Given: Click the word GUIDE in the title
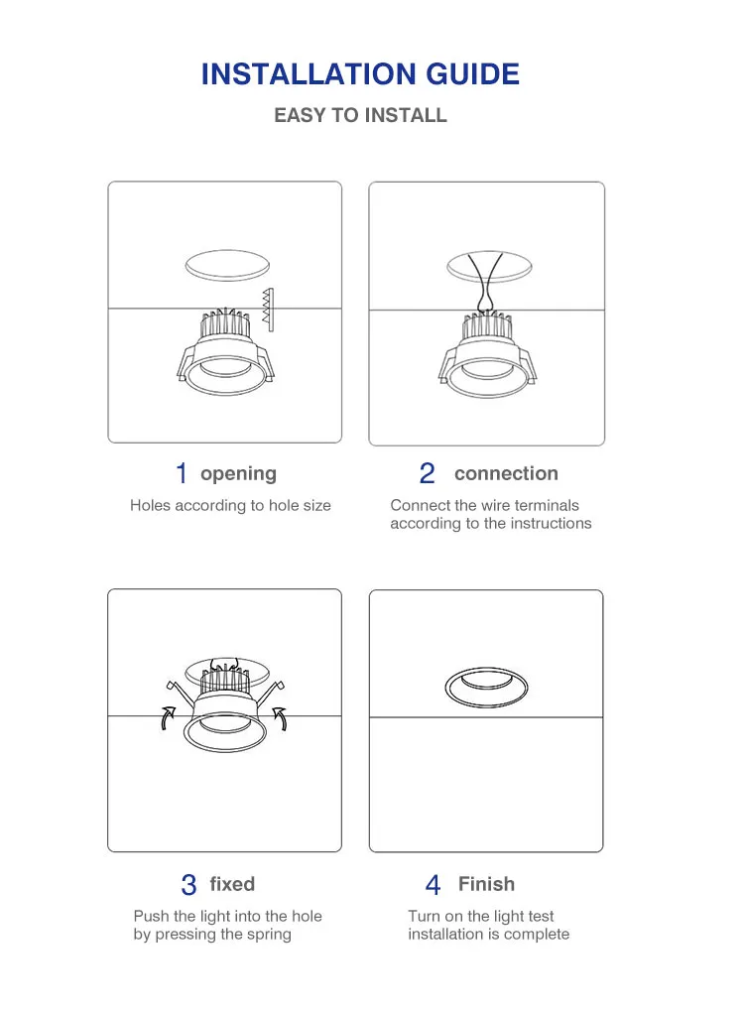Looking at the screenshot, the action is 473,74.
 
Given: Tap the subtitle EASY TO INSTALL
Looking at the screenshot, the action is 360,115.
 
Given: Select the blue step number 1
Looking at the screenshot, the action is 182,473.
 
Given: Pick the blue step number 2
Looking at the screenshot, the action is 427,473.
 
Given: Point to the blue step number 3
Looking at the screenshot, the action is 188,885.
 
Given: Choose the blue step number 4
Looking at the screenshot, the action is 434,885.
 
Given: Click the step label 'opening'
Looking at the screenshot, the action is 238,474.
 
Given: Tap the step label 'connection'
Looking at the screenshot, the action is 506,473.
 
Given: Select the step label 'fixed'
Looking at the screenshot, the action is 232,884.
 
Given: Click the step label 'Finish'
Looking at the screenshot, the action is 487,884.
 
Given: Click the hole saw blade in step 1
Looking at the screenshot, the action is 268,310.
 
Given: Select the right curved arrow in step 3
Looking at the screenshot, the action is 281,717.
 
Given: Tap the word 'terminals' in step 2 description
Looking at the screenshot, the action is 547,505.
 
